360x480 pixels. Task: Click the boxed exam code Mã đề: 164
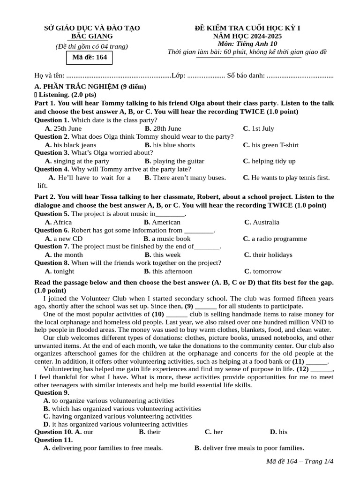tap(89, 58)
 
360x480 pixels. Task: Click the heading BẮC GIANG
tap(92, 36)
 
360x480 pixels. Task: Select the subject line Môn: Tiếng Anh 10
tap(247, 44)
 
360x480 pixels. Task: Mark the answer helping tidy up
tap(269, 161)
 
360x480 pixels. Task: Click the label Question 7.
tap(52, 247)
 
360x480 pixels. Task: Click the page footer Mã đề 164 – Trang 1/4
tap(300, 462)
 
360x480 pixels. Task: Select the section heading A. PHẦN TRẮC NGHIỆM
tap(90, 87)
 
